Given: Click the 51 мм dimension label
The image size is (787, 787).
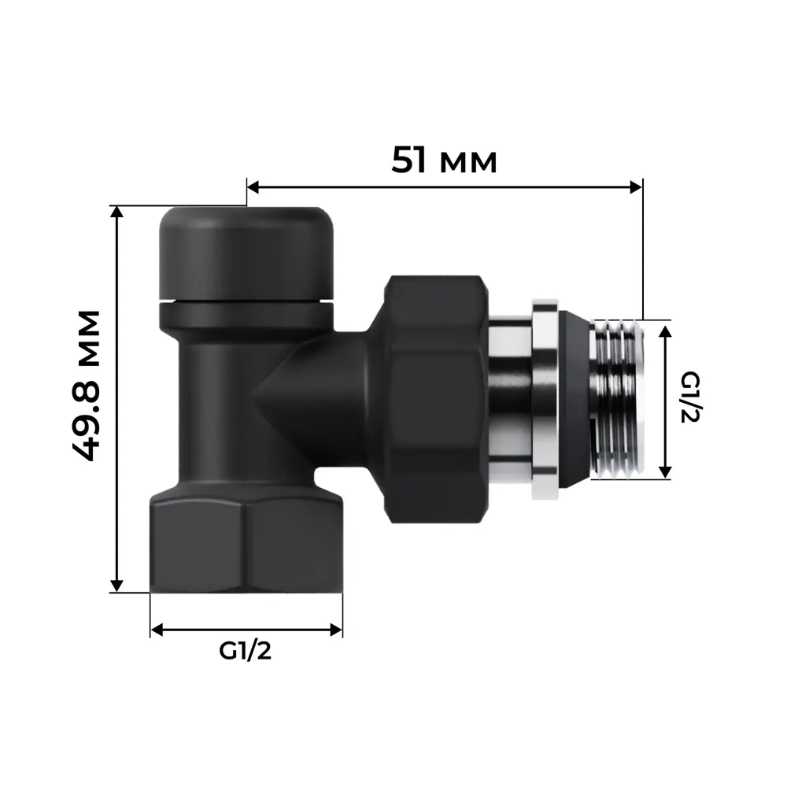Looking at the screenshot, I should (x=445, y=161).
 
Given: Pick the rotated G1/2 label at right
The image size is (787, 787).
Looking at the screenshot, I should (x=689, y=397).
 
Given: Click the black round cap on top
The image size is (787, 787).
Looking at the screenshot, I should (x=246, y=252).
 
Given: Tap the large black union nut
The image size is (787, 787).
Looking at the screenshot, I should (x=435, y=397).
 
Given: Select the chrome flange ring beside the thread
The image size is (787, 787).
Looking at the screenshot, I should (x=545, y=399).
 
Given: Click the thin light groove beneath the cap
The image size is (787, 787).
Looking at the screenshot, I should (x=246, y=301).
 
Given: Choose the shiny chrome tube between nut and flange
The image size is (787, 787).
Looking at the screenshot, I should (x=509, y=397).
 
